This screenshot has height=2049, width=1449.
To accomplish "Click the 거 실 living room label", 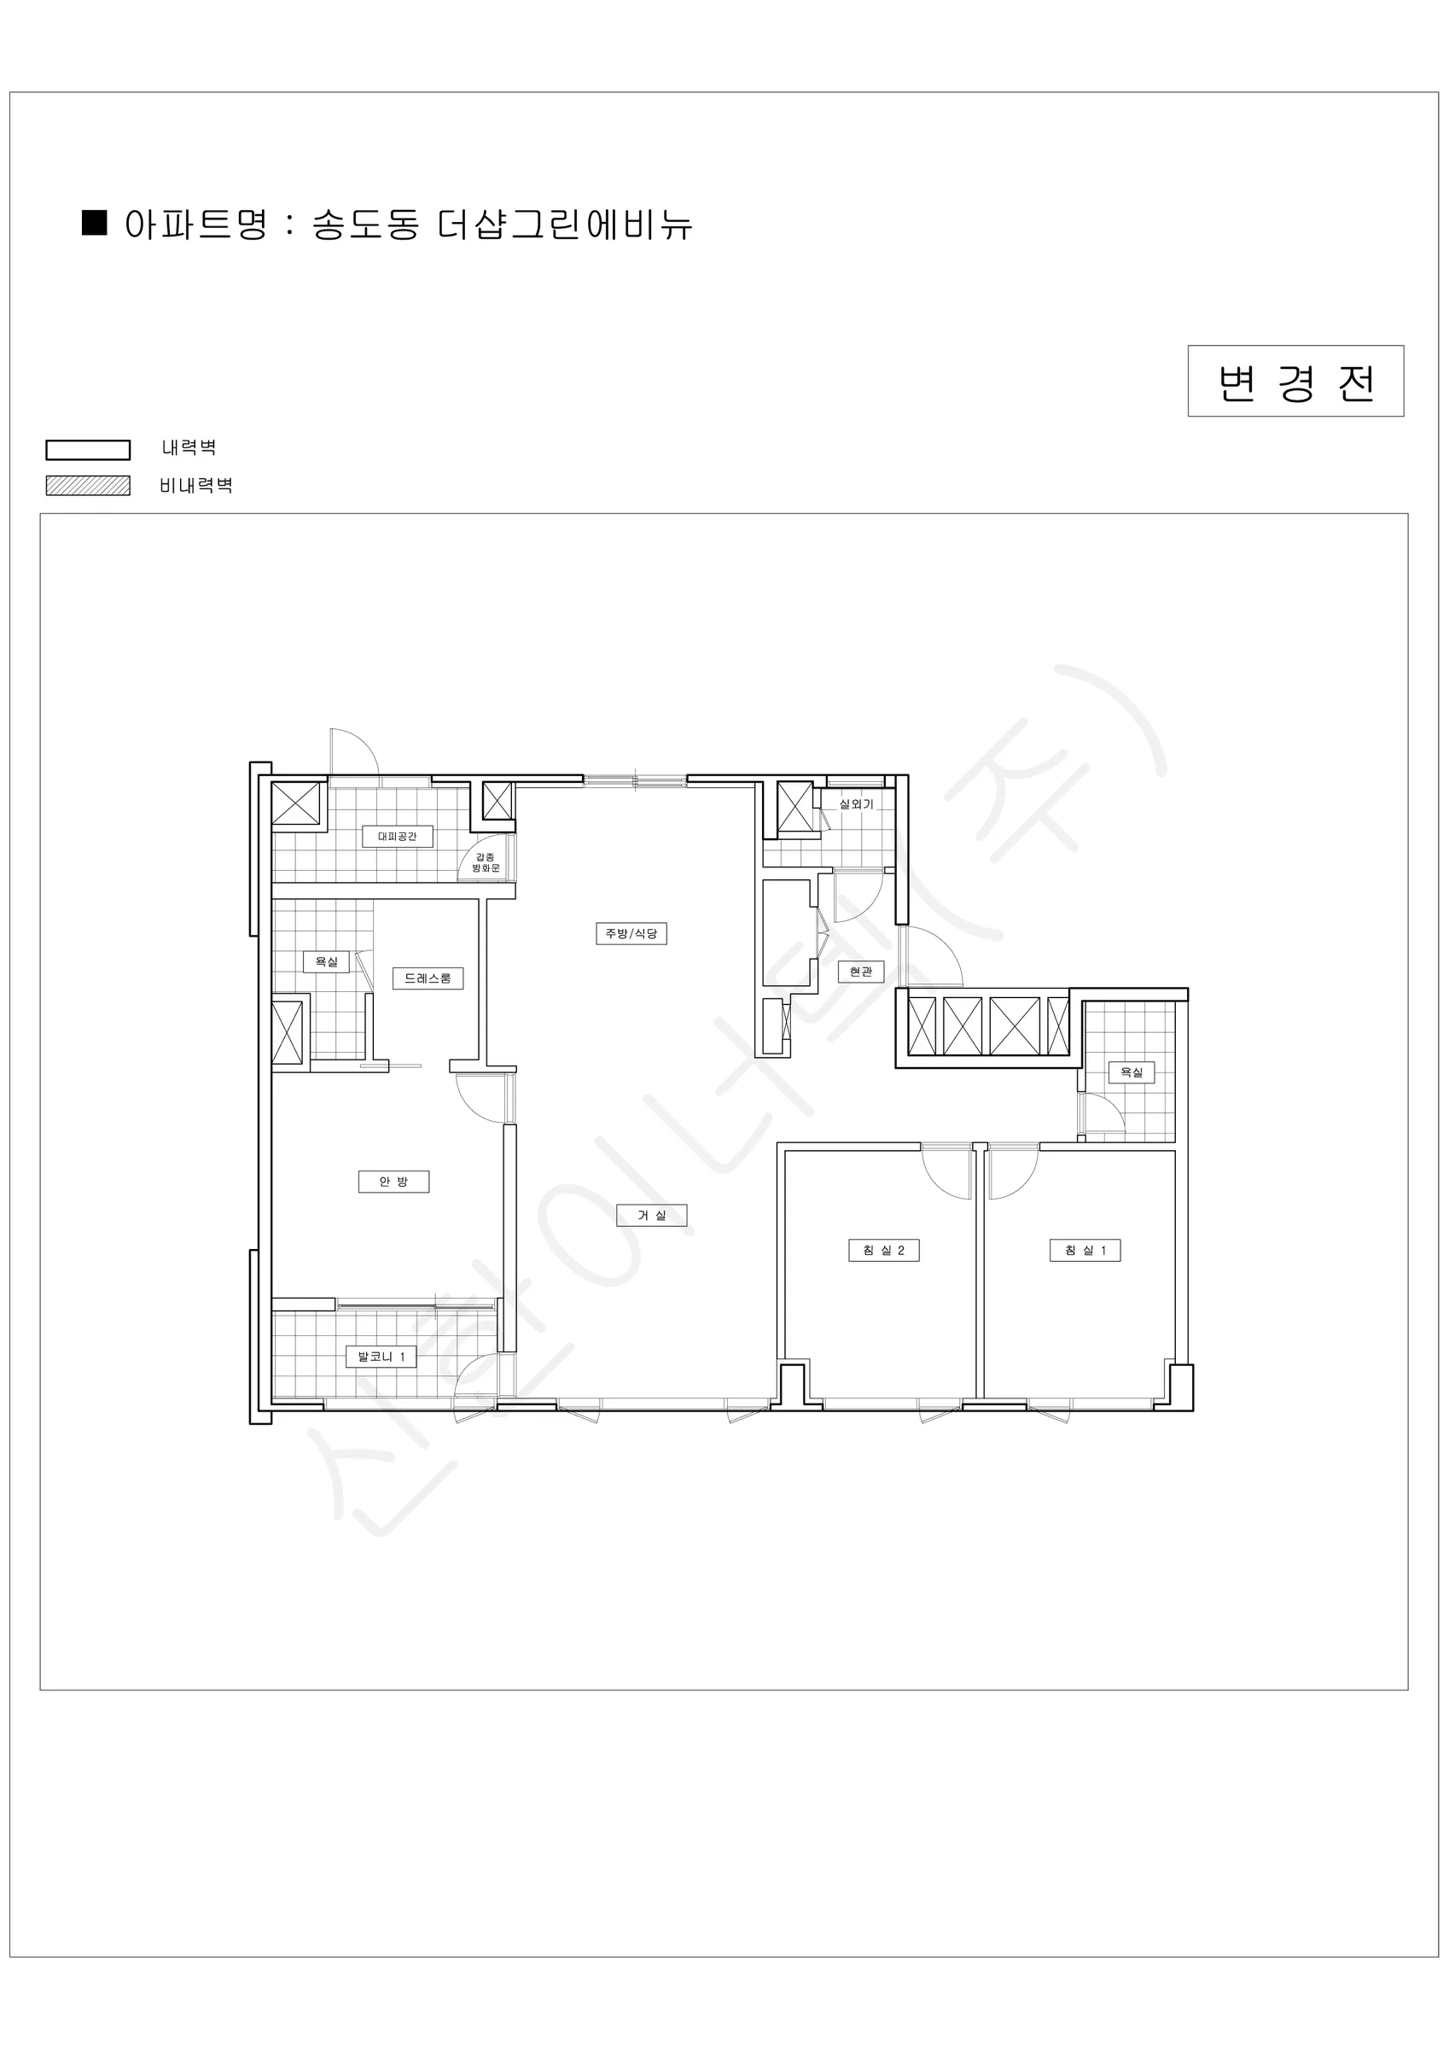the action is (x=651, y=1215).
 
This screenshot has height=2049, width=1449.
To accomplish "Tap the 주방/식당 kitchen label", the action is (x=631, y=933).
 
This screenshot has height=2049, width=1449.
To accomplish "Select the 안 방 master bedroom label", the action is (x=393, y=1182).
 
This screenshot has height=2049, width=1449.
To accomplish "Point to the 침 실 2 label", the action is (x=883, y=1250).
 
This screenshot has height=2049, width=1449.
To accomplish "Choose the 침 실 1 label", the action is (x=1085, y=1250).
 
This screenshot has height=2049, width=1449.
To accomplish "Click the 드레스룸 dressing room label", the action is (x=428, y=978).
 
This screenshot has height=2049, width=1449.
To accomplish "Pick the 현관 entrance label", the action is (x=861, y=971).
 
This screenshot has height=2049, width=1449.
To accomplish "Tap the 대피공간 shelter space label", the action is (x=397, y=836).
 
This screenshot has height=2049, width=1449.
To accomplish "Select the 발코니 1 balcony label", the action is (x=381, y=1357).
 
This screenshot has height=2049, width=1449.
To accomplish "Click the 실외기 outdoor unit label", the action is (x=856, y=804).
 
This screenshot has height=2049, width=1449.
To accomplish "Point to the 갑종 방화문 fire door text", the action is (x=486, y=862).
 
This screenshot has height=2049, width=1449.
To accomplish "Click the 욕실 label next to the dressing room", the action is (x=327, y=962).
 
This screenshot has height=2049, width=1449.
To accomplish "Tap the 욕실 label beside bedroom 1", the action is (x=1132, y=1071).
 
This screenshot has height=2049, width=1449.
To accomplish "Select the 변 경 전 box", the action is (x=1295, y=381).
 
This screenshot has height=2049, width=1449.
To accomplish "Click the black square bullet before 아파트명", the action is (x=95, y=223).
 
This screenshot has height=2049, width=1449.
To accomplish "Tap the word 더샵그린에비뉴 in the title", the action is (x=565, y=225).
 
